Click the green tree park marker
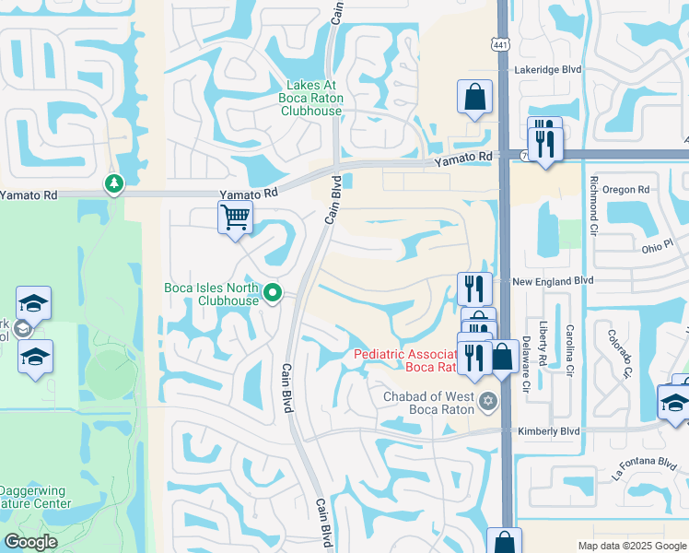114,183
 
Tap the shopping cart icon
236,218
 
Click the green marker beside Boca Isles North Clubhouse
273,294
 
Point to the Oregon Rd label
626,189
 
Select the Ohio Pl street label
658,247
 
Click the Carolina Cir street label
570,351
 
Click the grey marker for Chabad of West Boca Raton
487,400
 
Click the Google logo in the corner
30,541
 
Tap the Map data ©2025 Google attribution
631,546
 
